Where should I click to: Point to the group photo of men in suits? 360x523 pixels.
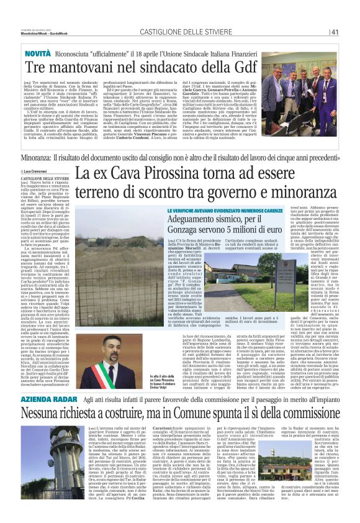[x=306, y=87]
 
